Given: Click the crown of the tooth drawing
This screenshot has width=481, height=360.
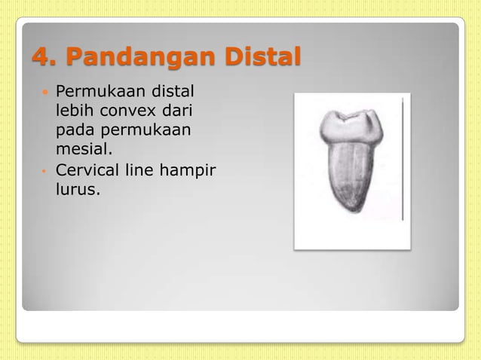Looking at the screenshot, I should (x=351, y=126).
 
